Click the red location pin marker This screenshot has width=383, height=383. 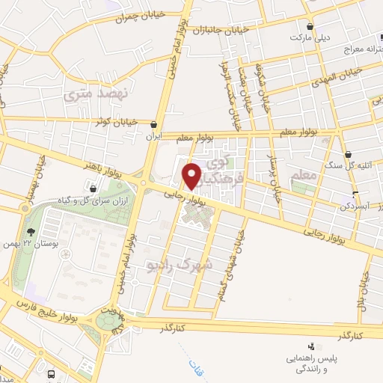click(193, 176)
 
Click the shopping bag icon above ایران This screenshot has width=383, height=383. click(154, 125)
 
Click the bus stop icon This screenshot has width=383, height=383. click(51, 373)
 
